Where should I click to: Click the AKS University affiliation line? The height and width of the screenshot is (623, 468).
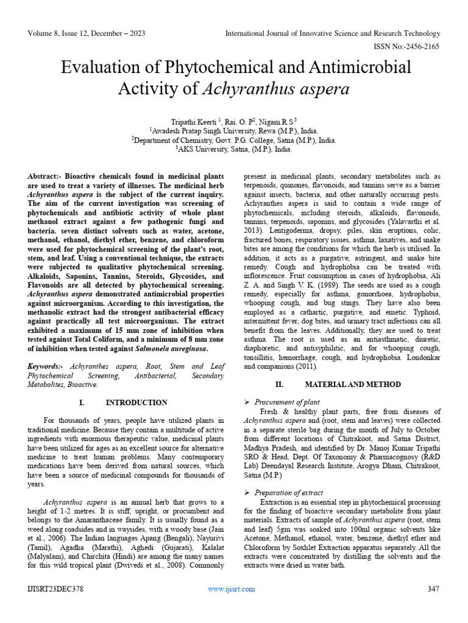coord(233,148)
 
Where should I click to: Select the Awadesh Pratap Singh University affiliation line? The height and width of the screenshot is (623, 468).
coord(233,130)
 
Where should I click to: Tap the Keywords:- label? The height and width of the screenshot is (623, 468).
coord(49,367)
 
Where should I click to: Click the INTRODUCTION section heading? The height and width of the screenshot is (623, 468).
coord(136,402)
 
